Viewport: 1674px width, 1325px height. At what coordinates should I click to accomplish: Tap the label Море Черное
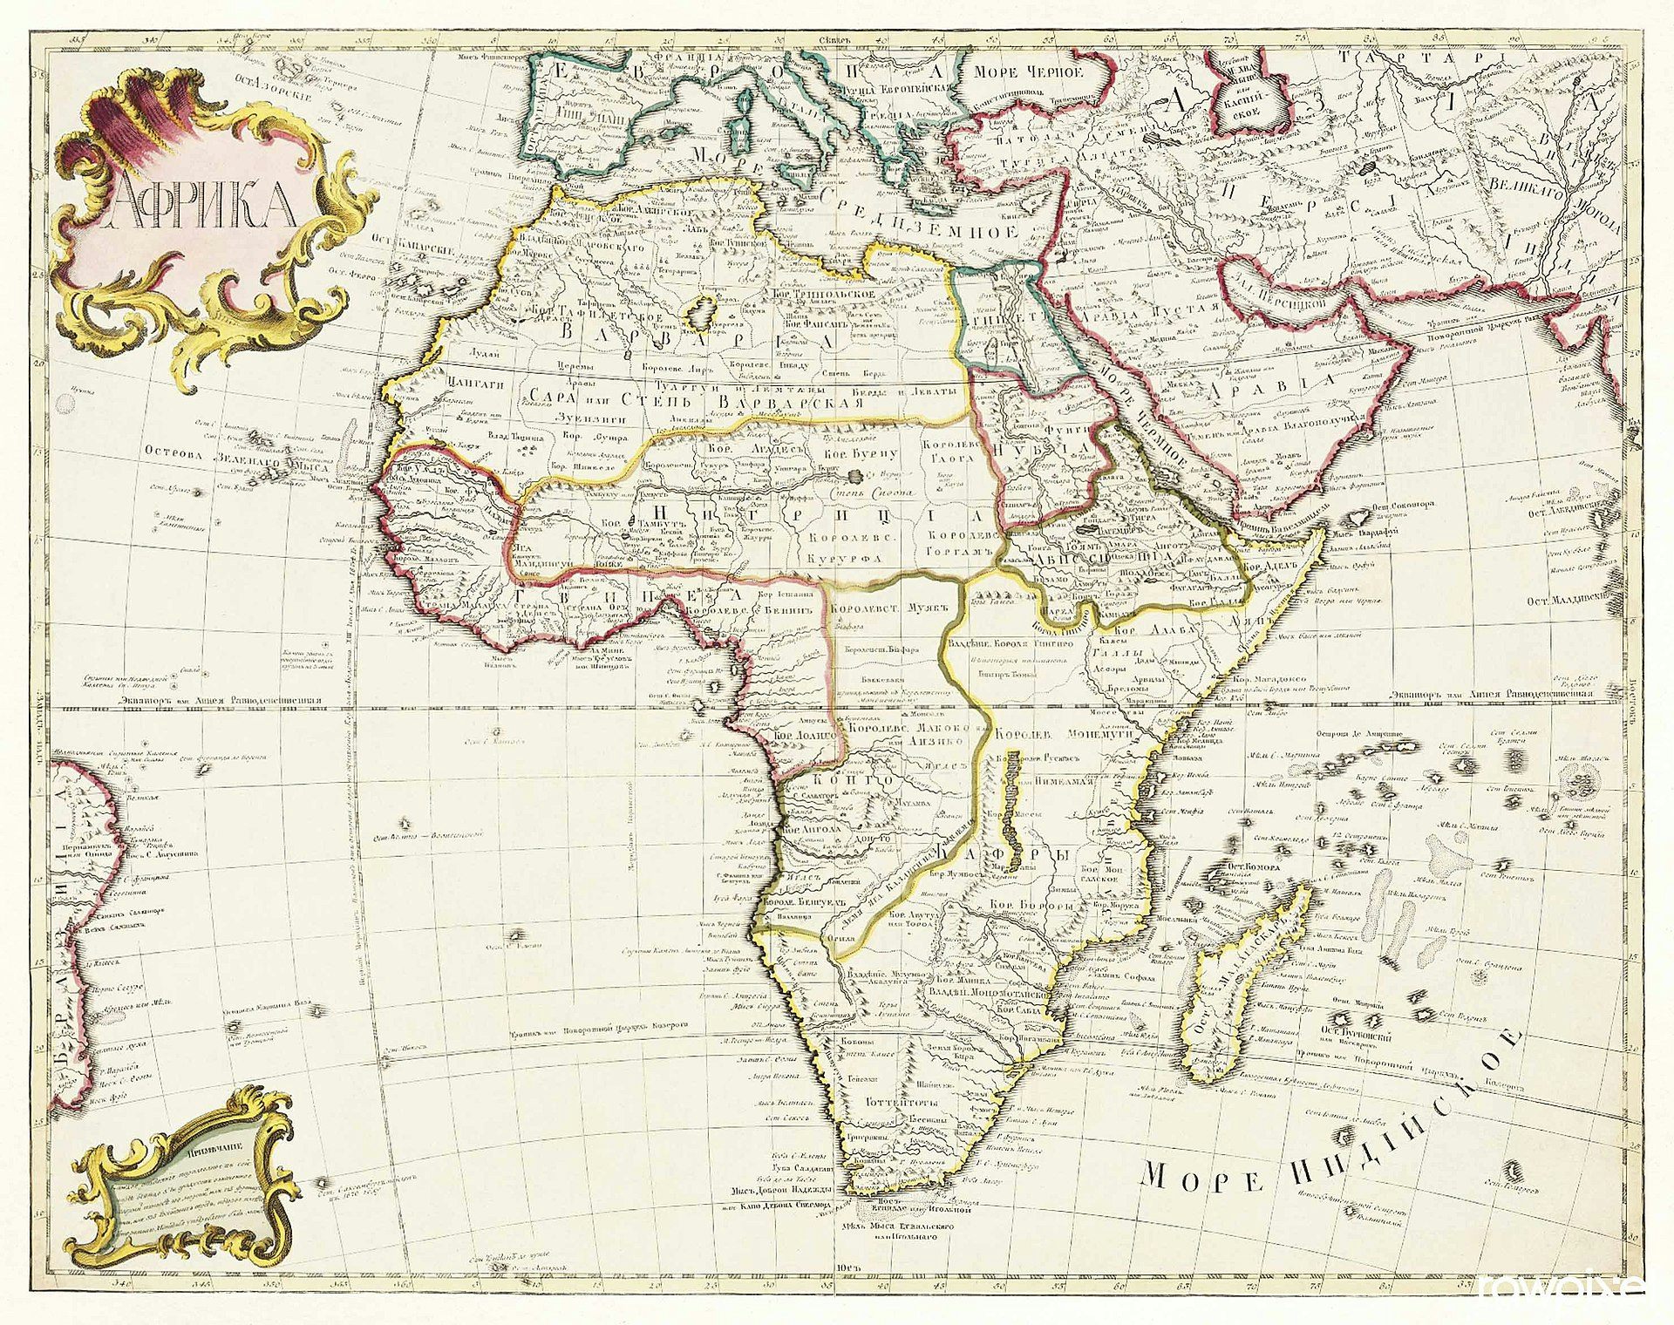click(1028, 72)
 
